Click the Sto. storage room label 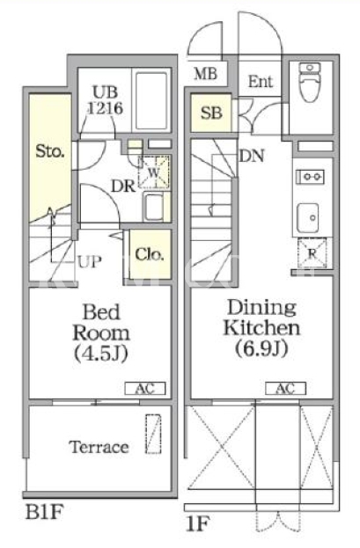click(x=50, y=151)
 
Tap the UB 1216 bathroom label click(x=105, y=100)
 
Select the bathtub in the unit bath click(x=151, y=100)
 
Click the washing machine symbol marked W click(x=153, y=172)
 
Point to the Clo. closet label click(x=150, y=254)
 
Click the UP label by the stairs click(x=90, y=261)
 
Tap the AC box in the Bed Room click(x=145, y=388)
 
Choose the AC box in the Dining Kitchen click(x=285, y=388)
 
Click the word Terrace click(x=99, y=447)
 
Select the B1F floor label click(x=44, y=512)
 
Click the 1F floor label click(x=198, y=524)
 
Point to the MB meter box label click(x=206, y=74)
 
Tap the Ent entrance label click(x=261, y=82)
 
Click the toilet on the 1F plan click(x=310, y=82)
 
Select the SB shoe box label click(x=211, y=113)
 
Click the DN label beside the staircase click(x=252, y=156)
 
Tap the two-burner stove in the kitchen click(x=310, y=177)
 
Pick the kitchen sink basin click(x=308, y=218)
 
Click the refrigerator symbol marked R click(x=312, y=253)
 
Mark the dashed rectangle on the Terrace click(x=153, y=434)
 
